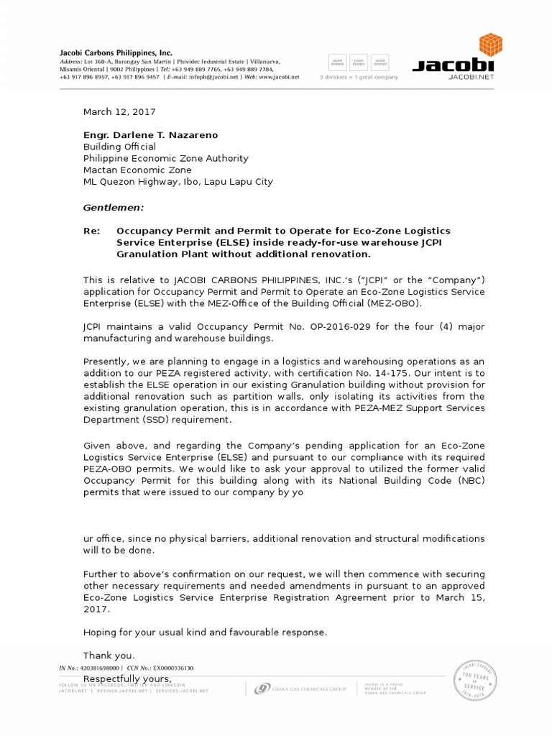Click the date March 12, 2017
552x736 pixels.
[x=119, y=112]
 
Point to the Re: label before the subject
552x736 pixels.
[x=93, y=231]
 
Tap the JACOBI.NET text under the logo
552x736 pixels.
[x=472, y=75]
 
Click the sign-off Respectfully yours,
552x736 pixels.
[x=128, y=679]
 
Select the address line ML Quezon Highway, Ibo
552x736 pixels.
[x=178, y=182]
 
